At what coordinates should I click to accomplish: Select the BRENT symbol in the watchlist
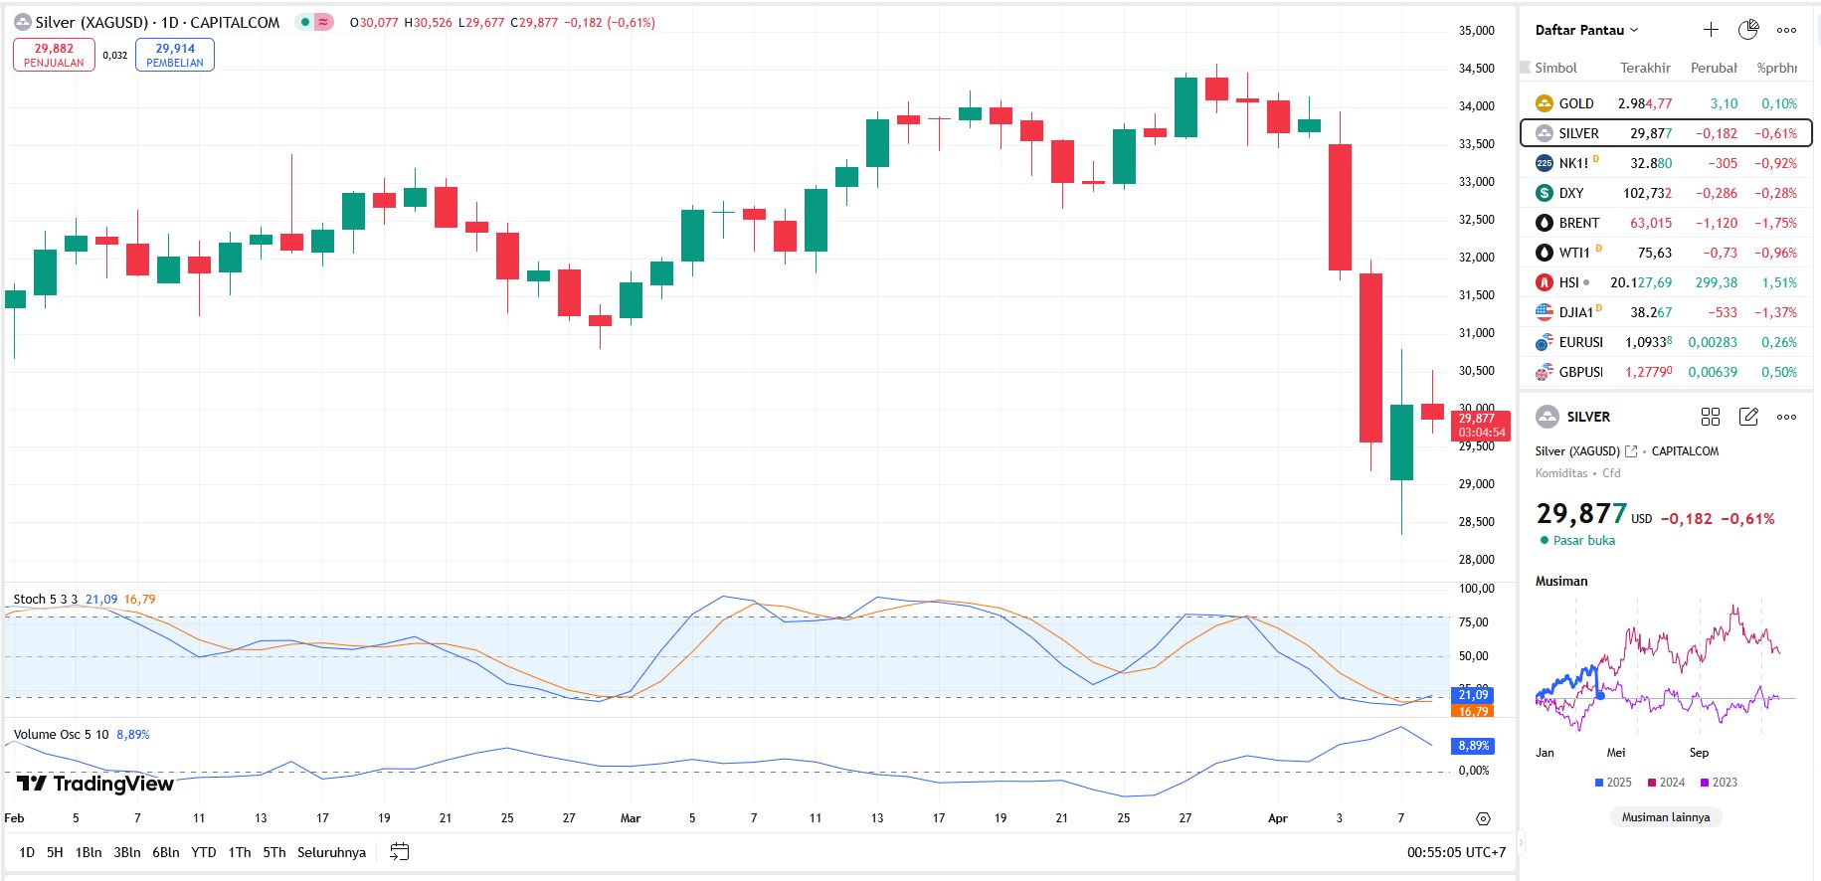[1578, 223]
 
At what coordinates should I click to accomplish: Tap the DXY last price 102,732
[1647, 193]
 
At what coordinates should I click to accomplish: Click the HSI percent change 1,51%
[1778, 282]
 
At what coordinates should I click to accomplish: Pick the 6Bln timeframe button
[165, 852]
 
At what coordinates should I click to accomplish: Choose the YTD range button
[204, 852]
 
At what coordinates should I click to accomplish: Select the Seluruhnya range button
[331, 852]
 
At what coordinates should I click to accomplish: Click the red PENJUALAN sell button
[54, 55]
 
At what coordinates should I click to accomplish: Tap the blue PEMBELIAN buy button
[175, 55]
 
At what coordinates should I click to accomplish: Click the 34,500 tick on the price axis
[1476, 69]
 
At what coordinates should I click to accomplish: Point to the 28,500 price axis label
[1476, 522]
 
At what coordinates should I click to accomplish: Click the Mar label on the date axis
[631, 818]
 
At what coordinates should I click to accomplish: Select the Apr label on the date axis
[1278, 818]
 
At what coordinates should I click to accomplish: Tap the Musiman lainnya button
[1666, 817]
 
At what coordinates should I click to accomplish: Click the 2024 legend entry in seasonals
[1667, 783]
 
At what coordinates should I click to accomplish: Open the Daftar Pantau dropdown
[1586, 30]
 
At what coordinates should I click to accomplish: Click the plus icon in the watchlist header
[1711, 30]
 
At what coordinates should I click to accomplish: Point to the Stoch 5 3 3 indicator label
[46, 600]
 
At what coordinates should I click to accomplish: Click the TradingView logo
[95, 784]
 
